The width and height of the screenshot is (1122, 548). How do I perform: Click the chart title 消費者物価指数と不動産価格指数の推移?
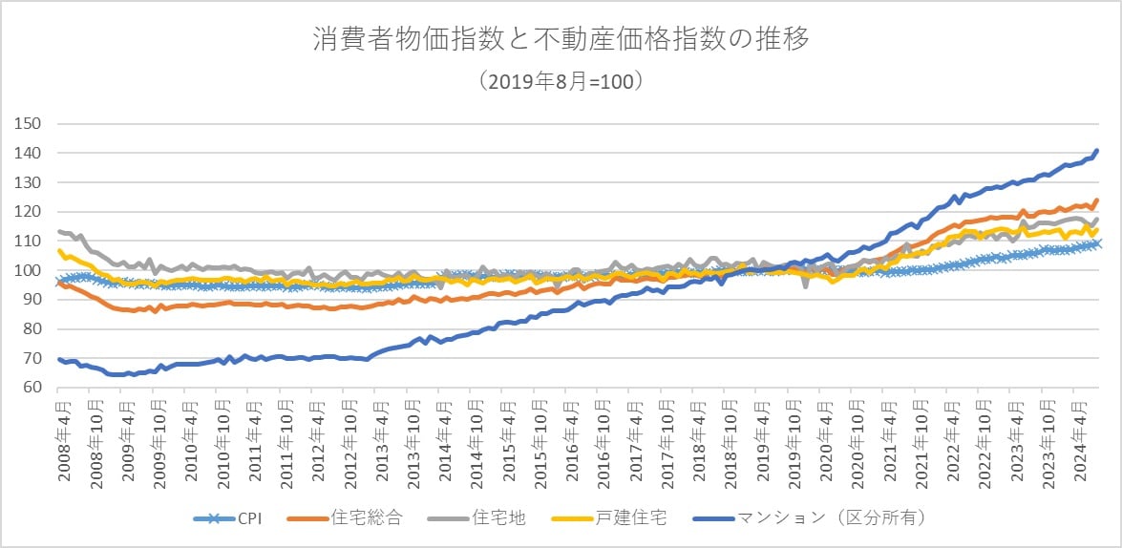pos(561,40)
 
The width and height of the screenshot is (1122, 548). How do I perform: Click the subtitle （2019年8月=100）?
pos(561,81)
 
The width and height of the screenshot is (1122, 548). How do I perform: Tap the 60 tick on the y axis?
pos(33,388)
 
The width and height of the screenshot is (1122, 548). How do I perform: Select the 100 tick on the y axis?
pos(30,270)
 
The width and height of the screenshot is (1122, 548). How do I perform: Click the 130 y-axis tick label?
pos(30,182)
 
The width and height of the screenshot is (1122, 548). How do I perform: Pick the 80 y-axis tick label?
pos(33,329)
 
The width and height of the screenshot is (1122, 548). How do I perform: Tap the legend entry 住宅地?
pos(484,518)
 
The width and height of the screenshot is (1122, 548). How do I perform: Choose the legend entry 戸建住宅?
pos(625,518)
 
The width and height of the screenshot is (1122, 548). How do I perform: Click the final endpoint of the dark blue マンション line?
pos(1097,151)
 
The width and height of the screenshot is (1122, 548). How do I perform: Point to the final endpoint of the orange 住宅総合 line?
pos(1097,200)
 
